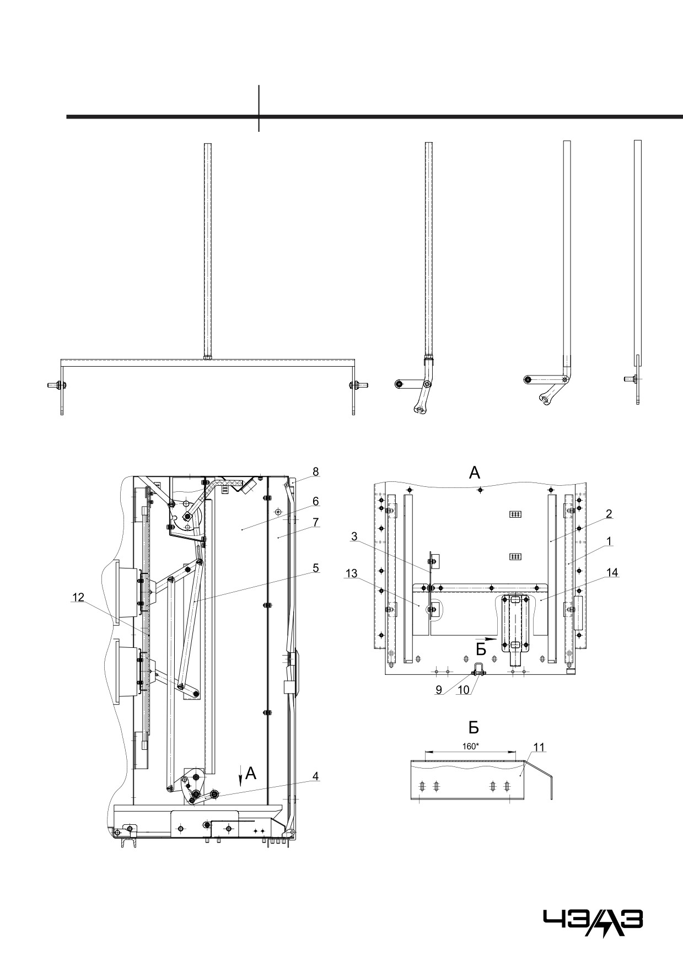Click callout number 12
[78, 597]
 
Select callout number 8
[316, 471]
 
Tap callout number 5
[316, 567]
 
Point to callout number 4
[315, 776]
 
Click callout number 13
[351, 573]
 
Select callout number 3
[354, 536]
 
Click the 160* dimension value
[470, 746]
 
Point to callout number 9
[439, 690]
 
